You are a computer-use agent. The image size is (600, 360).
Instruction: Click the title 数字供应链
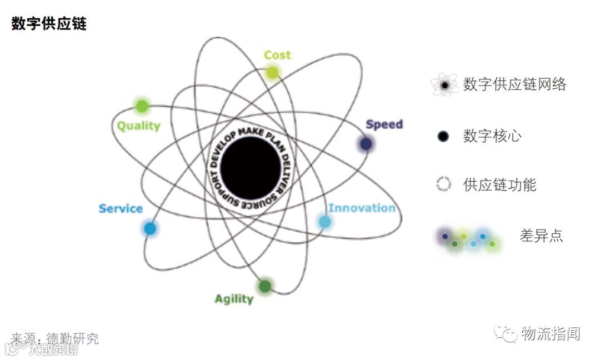pyautogui.click(x=49, y=24)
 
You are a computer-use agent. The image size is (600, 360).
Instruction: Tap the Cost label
pyautogui.click(x=277, y=55)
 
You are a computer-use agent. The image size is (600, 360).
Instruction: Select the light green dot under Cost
pyautogui.click(x=272, y=72)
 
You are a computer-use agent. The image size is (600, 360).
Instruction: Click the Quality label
pyautogui.click(x=138, y=126)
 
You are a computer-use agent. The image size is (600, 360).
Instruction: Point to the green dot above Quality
pyautogui.click(x=142, y=106)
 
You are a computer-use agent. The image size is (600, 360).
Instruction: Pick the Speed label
pyautogui.click(x=384, y=124)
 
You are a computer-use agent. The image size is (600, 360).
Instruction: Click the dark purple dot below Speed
pyautogui.click(x=366, y=144)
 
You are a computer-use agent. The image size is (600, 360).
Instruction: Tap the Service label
pyautogui.click(x=121, y=209)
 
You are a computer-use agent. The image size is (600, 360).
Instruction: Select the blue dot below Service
pyautogui.click(x=150, y=228)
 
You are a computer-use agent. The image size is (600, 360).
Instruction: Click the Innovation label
pyautogui.click(x=362, y=208)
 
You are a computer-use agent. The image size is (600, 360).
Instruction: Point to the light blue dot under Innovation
pyautogui.click(x=325, y=222)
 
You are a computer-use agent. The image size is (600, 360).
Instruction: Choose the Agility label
pyautogui.click(x=234, y=299)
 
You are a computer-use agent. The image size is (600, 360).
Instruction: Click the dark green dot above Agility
pyautogui.click(x=265, y=286)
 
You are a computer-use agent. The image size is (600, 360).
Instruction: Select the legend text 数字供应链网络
pyautogui.click(x=515, y=84)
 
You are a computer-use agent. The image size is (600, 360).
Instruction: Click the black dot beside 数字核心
pyautogui.click(x=443, y=136)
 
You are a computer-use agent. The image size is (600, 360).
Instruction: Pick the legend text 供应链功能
pyautogui.click(x=499, y=185)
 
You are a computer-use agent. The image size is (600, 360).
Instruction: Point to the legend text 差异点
pyautogui.click(x=541, y=236)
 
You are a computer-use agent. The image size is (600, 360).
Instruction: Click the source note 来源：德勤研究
pyautogui.click(x=54, y=338)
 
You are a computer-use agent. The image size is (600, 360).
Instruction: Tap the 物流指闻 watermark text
pyautogui.click(x=551, y=334)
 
